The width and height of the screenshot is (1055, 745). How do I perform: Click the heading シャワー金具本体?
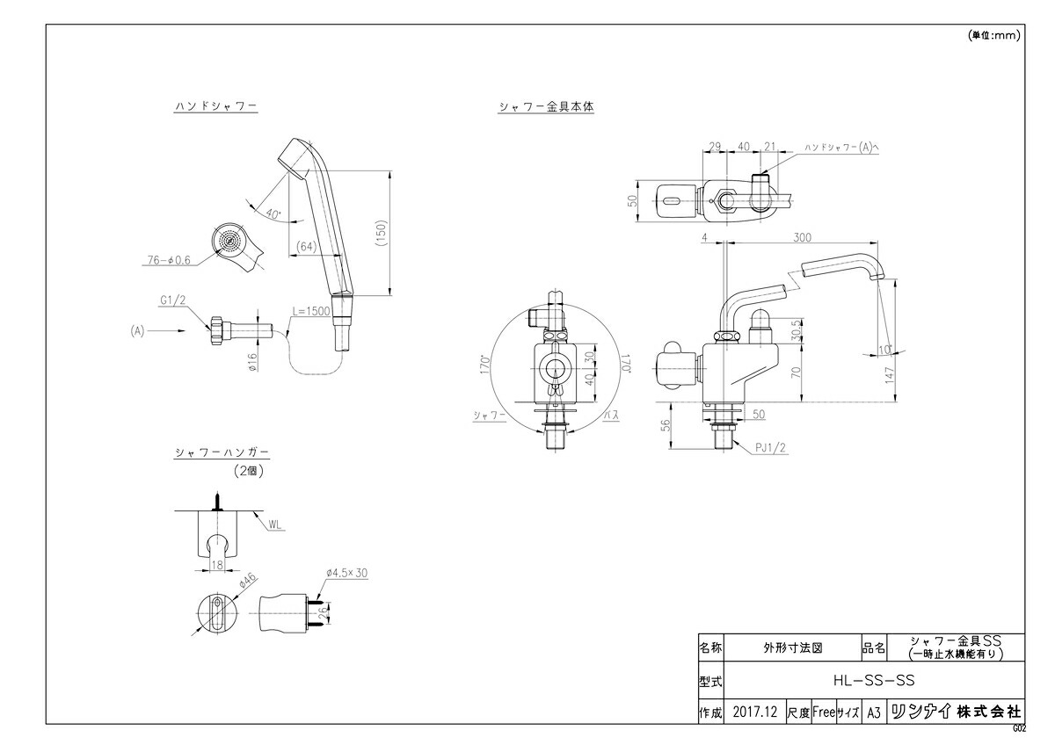click(x=546, y=106)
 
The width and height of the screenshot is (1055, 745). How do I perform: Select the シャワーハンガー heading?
click(x=221, y=453)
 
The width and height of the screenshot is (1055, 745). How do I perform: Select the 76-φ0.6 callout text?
click(x=169, y=260)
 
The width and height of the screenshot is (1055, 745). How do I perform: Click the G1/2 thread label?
click(x=173, y=300)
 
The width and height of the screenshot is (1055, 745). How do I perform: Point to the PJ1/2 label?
click(x=770, y=448)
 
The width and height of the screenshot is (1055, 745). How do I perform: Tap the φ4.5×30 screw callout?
click(x=346, y=572)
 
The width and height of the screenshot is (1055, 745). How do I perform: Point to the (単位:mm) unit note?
click(x=994, y=35)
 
